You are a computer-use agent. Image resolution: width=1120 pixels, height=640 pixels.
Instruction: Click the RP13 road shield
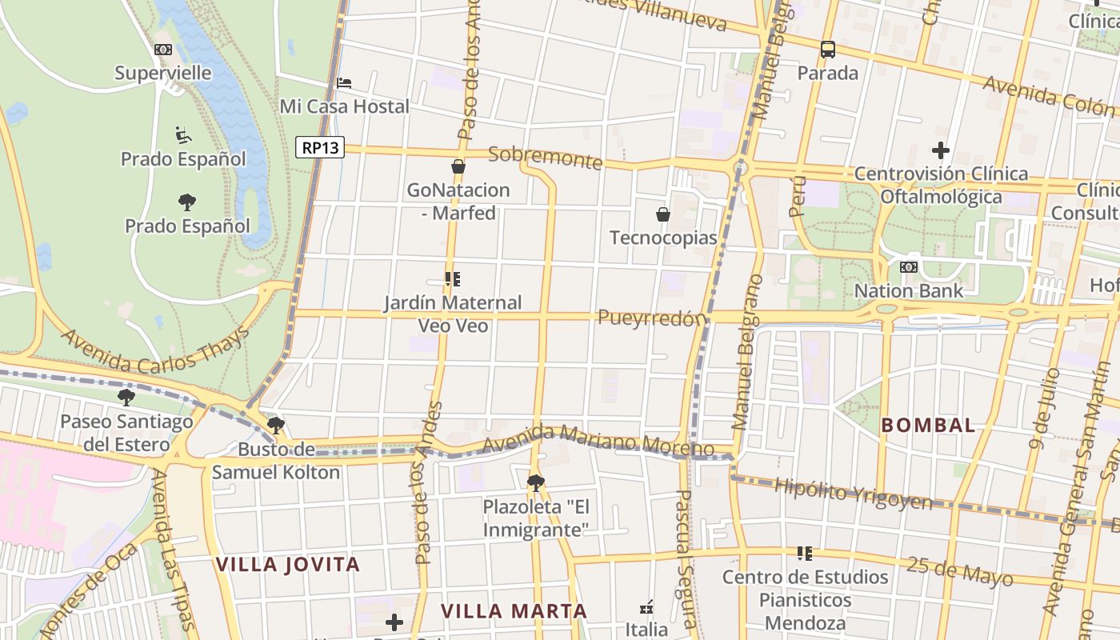coord(320,147)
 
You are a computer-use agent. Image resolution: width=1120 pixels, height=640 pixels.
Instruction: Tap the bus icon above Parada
coord(828,50)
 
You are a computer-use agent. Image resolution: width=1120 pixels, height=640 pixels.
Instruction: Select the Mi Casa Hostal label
coord(344,106)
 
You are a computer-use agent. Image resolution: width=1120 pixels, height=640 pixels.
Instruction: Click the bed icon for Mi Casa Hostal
coord(344,82)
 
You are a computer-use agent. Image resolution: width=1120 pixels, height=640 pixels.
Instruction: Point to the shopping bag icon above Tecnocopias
coord(663,214)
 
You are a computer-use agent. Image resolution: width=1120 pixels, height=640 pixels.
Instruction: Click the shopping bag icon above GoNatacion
coord(458,166)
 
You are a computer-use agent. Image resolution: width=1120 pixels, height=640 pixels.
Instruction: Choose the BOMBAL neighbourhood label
coord(928,425)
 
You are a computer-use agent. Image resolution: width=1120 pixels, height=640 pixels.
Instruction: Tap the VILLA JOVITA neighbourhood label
coord(288,564)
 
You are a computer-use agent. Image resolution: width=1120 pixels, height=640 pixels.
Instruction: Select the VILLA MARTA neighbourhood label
coord(514,611)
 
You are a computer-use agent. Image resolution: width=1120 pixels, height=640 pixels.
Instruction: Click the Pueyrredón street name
coord(653,318)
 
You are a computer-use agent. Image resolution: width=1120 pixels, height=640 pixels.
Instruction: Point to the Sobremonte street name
coord(545,157)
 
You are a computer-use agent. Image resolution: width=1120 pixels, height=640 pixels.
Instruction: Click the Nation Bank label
coord(909,290)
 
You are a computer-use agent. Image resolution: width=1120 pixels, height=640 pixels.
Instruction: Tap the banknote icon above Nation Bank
coord(909,267)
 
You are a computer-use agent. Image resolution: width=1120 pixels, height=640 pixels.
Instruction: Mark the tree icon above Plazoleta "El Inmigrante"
coord(536,482)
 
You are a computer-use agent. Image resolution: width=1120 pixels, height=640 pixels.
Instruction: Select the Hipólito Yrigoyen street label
coord(853,494)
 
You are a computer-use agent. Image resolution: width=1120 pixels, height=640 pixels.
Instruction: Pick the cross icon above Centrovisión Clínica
coord(941,150)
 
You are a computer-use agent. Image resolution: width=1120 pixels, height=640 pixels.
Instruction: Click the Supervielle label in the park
coord(163,73)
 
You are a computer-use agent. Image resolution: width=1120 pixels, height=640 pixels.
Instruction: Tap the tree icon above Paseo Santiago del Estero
coord(126,397)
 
